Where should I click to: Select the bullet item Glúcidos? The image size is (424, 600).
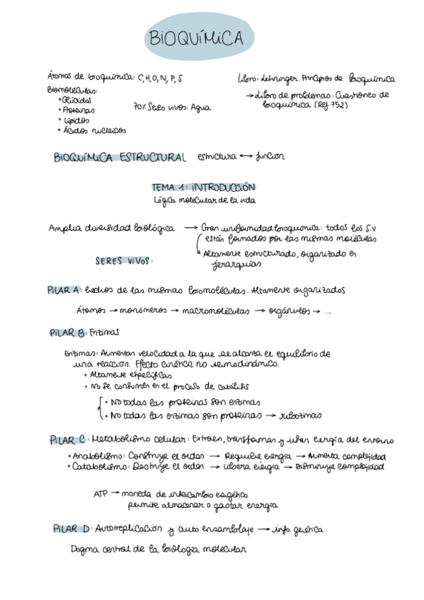pos(76,100)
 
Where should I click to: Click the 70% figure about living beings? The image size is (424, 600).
pos(140,108)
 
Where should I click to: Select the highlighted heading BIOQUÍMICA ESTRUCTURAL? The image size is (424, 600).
pos(120,157)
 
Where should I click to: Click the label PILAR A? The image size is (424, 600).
pos(64,290)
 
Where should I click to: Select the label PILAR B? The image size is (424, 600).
pos(67,332)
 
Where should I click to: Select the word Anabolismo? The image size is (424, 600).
pos(99,456)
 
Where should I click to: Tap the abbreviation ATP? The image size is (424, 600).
pos(102,494)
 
